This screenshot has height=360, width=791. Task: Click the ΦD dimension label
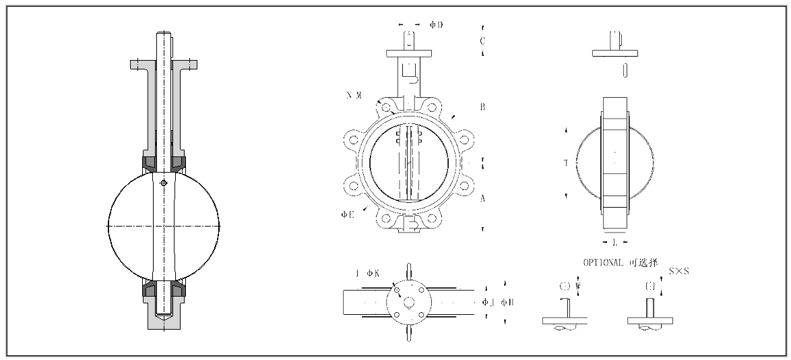point(437,25)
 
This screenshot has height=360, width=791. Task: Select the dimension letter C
point(482,40)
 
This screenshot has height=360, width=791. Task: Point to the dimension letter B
point(483,107)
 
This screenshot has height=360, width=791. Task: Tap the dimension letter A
point(483,199)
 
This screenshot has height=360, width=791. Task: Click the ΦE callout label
point(348,214)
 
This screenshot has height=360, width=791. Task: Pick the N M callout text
point(354,96)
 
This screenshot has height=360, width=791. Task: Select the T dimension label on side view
point(566,163)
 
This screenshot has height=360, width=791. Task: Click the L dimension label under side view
point(614,241)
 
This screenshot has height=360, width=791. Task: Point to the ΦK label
point(373,273)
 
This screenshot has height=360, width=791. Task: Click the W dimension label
point(578,286)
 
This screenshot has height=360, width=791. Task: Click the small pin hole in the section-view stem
point(164,182)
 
